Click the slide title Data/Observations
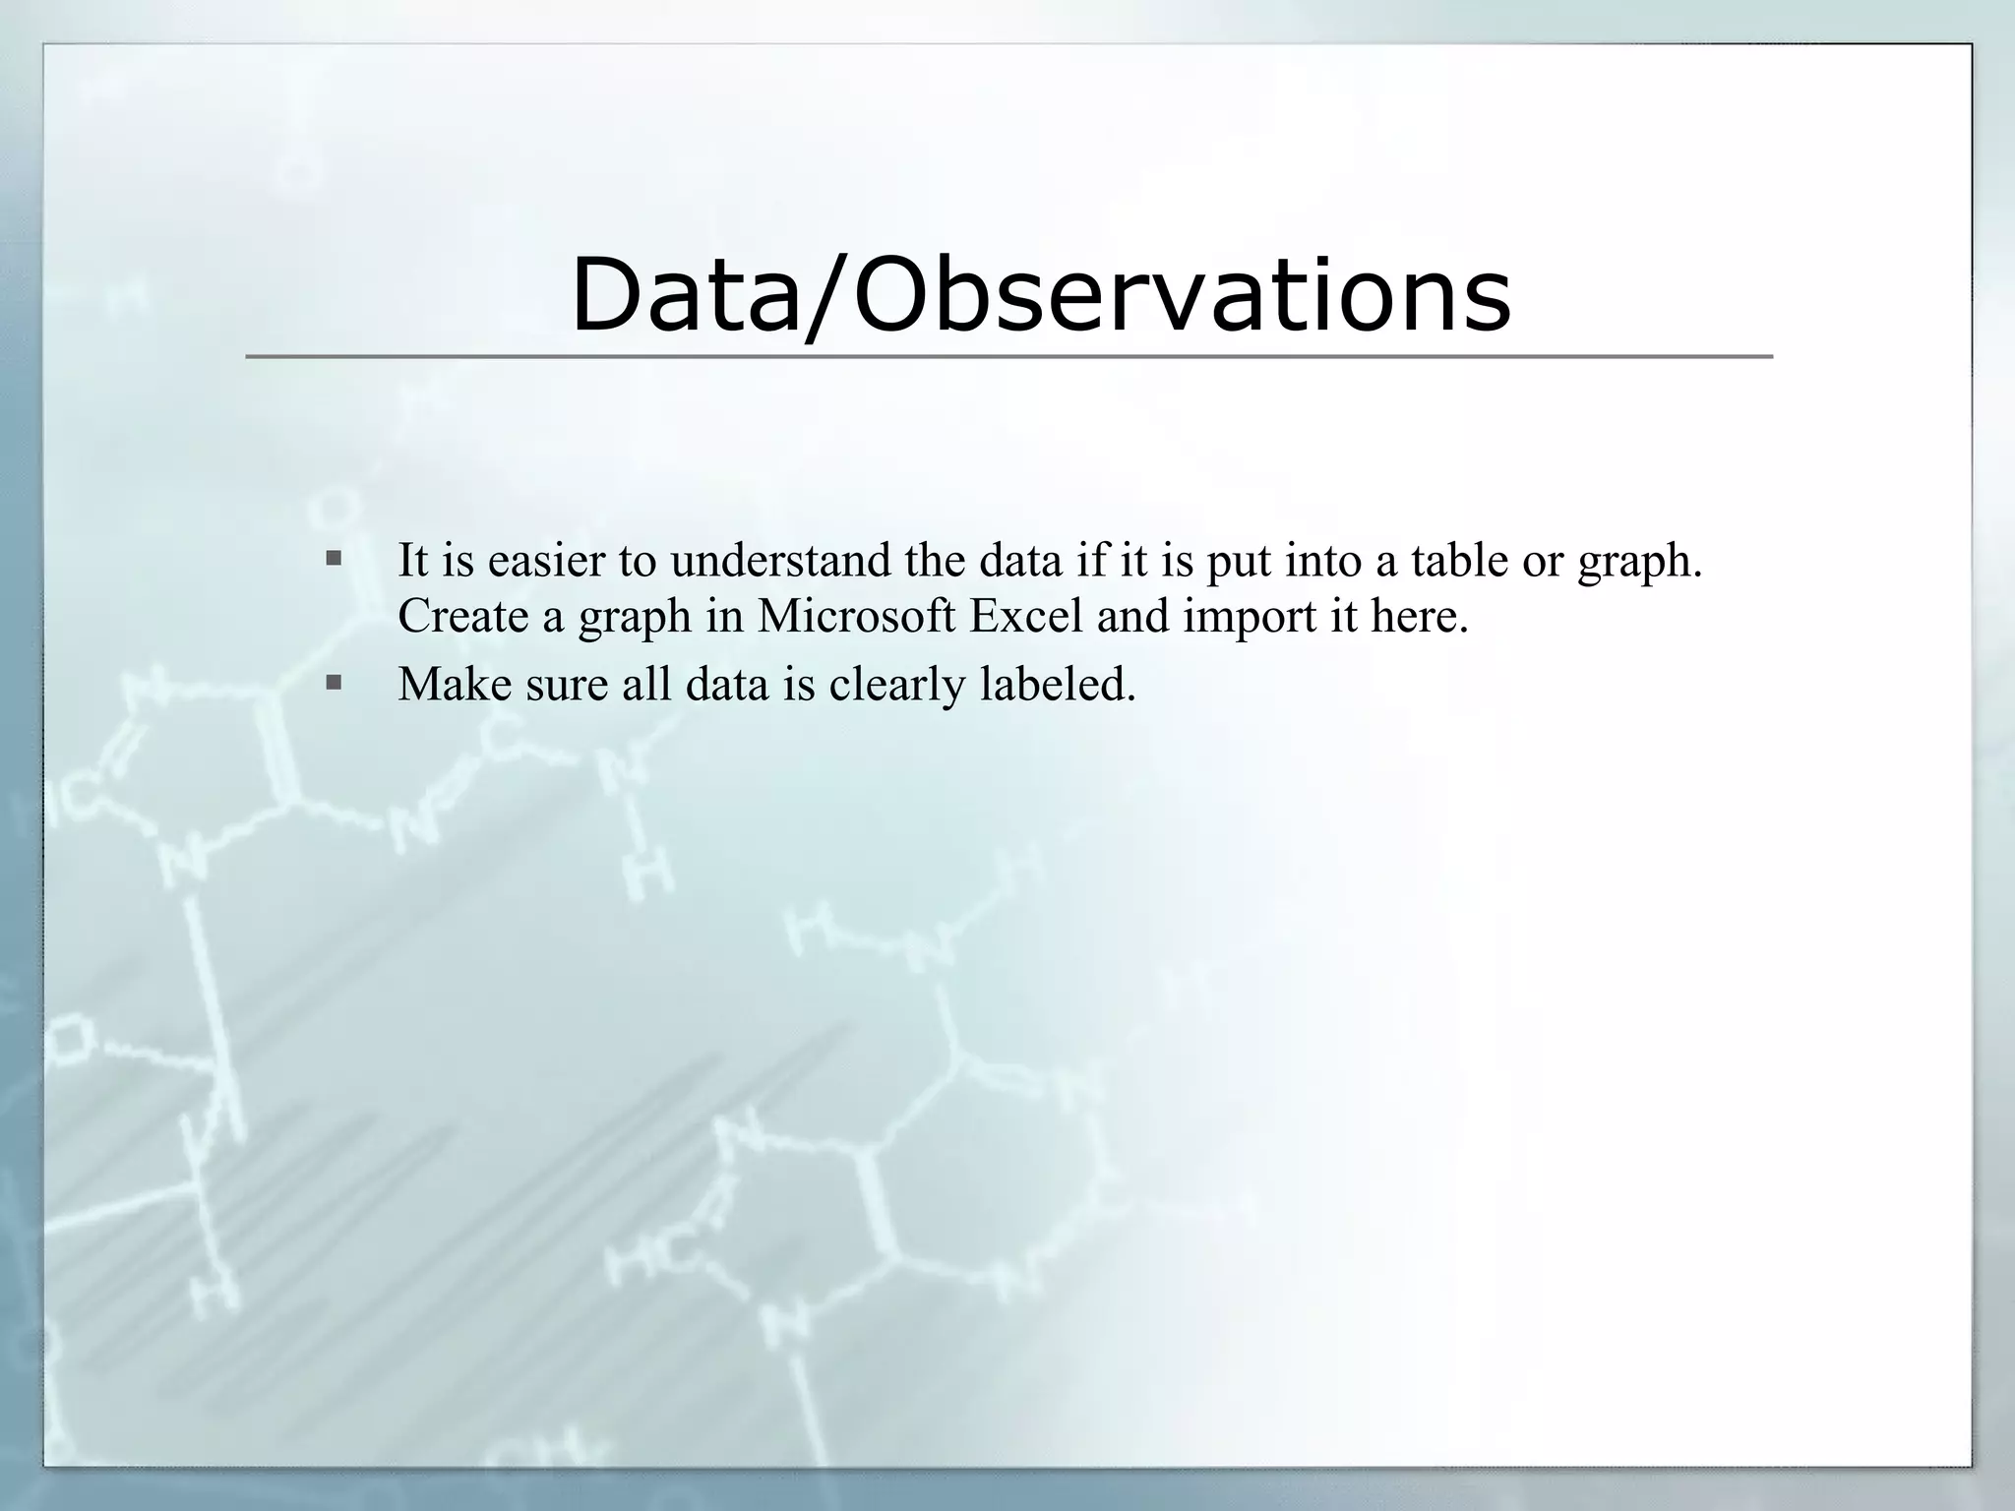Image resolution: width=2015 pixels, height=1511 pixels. pyautogui.click(x=1040, y=295)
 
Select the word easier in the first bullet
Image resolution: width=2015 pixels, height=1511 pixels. pyautogui.click(x=545, y=561)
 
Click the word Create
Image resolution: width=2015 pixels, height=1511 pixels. pyautogui.click(x=462, y=617)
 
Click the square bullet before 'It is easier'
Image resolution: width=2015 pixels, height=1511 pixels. pyautogui.click(x=335, y=560)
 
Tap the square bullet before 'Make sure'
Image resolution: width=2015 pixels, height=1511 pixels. pyautogui.click(x=335, y=682)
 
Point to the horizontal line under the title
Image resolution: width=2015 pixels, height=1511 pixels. pyautogui.click(x=1008, y=356)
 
